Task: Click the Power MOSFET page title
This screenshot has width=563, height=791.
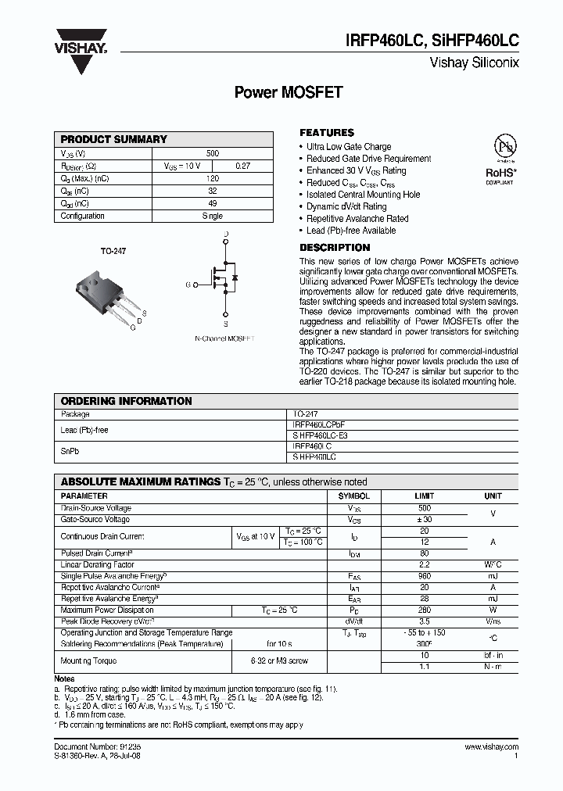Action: point(289,92)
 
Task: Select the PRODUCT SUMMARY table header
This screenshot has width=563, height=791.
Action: point(114,139)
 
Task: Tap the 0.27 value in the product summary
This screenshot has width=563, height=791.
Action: point(243,166)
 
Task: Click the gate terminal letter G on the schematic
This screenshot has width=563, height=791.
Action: point(188,285)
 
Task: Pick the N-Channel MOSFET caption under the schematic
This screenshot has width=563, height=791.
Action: point(224,338)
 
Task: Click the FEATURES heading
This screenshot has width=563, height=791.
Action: point(327,133)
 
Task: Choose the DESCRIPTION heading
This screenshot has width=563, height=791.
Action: point(335,248)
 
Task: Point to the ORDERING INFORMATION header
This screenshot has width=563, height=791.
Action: point(126,401)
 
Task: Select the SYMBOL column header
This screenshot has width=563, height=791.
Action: point(353,496)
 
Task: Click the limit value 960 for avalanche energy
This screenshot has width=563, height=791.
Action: point(425,576)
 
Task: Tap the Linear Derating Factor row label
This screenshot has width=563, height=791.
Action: point(98,564)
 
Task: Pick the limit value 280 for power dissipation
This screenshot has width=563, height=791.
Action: point(425,610)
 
